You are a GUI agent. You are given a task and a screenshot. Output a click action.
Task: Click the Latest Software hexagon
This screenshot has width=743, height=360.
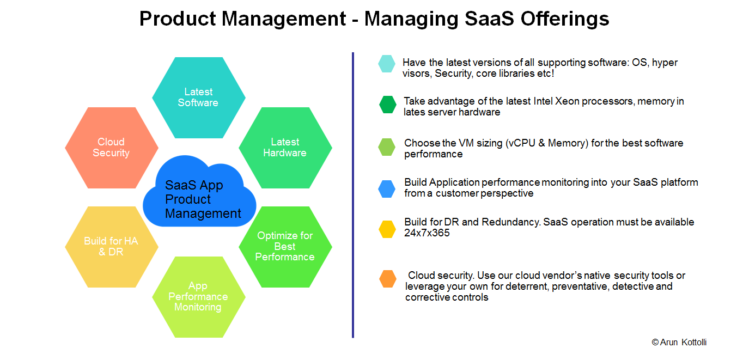198,97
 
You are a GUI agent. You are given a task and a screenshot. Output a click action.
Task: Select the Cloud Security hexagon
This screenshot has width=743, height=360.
111,148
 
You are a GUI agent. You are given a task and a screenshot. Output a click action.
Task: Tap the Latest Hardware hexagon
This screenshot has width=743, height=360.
285,148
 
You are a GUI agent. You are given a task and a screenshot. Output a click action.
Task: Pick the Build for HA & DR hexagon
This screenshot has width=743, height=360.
111,247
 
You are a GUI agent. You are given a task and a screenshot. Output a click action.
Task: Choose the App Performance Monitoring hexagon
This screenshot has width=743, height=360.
198,297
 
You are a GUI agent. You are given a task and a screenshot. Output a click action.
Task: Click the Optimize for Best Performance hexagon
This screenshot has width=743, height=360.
285,247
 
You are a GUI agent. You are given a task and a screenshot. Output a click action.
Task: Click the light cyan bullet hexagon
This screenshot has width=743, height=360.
387,64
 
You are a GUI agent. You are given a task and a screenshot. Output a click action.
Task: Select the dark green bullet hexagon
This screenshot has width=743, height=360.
388,105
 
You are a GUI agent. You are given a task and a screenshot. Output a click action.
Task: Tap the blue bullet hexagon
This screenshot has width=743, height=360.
387,188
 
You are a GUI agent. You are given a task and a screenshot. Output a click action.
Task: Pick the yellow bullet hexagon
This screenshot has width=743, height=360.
387,229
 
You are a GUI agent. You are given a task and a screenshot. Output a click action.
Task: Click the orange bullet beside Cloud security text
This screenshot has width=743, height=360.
388,279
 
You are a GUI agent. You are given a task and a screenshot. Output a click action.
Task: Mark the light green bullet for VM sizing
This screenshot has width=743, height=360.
387,147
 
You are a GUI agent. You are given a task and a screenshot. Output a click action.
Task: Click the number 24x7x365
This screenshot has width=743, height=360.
427,233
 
